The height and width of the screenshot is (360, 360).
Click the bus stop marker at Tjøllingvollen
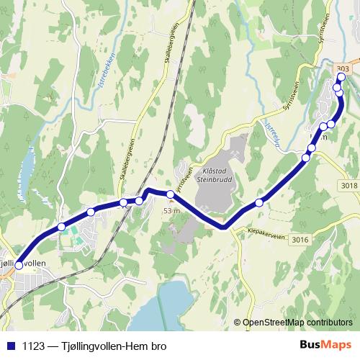pyautogui.click(x=18, y=265)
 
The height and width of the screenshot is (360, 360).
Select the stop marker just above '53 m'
pyautogui.click(x=171, y=194)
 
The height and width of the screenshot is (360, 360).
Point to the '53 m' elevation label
pyautogui.click(x=171, y=210)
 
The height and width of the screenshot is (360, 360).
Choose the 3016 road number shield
pyautogui.click(x=301, y=240)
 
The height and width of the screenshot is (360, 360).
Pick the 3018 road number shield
pyautogui.click(x=349, y=185)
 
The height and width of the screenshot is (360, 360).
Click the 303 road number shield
pyautogui.click(x=343, y=68)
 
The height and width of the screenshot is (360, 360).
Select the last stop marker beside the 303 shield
pyautogui.click(x=341, y=78)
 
